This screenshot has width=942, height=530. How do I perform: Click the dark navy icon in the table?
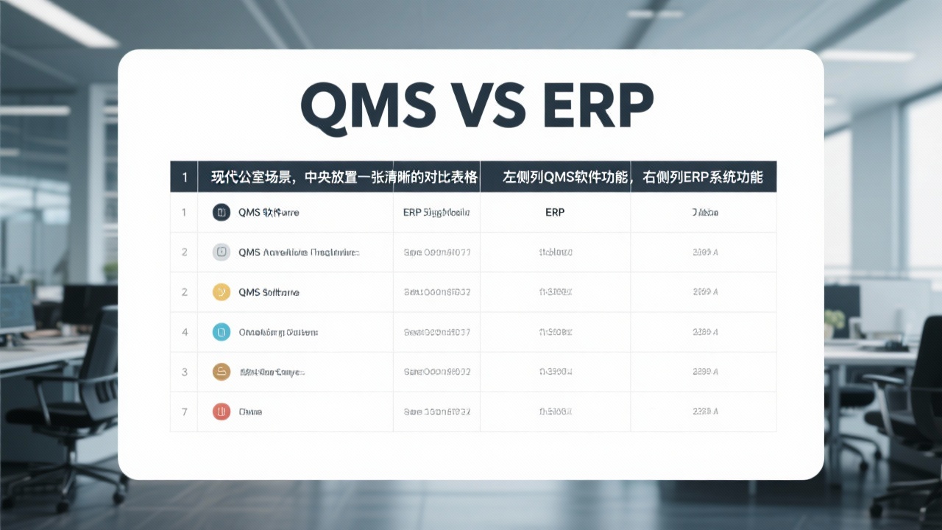click(222, 213)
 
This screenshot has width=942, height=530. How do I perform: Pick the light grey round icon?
click(222, 252)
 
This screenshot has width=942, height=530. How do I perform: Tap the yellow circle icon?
click(222, 292)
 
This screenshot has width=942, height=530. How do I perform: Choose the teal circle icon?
click(222, 332)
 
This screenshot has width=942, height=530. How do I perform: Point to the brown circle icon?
click(222, 372)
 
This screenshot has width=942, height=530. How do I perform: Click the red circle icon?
click(222, 411)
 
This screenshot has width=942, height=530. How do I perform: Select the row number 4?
click(184, 332)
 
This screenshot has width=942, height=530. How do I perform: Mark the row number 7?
click(184, 411)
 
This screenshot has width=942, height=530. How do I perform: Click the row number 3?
click(184, 372)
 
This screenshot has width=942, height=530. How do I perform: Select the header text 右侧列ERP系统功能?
click(703, 177)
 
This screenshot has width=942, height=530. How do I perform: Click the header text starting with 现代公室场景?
click(302, 177)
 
